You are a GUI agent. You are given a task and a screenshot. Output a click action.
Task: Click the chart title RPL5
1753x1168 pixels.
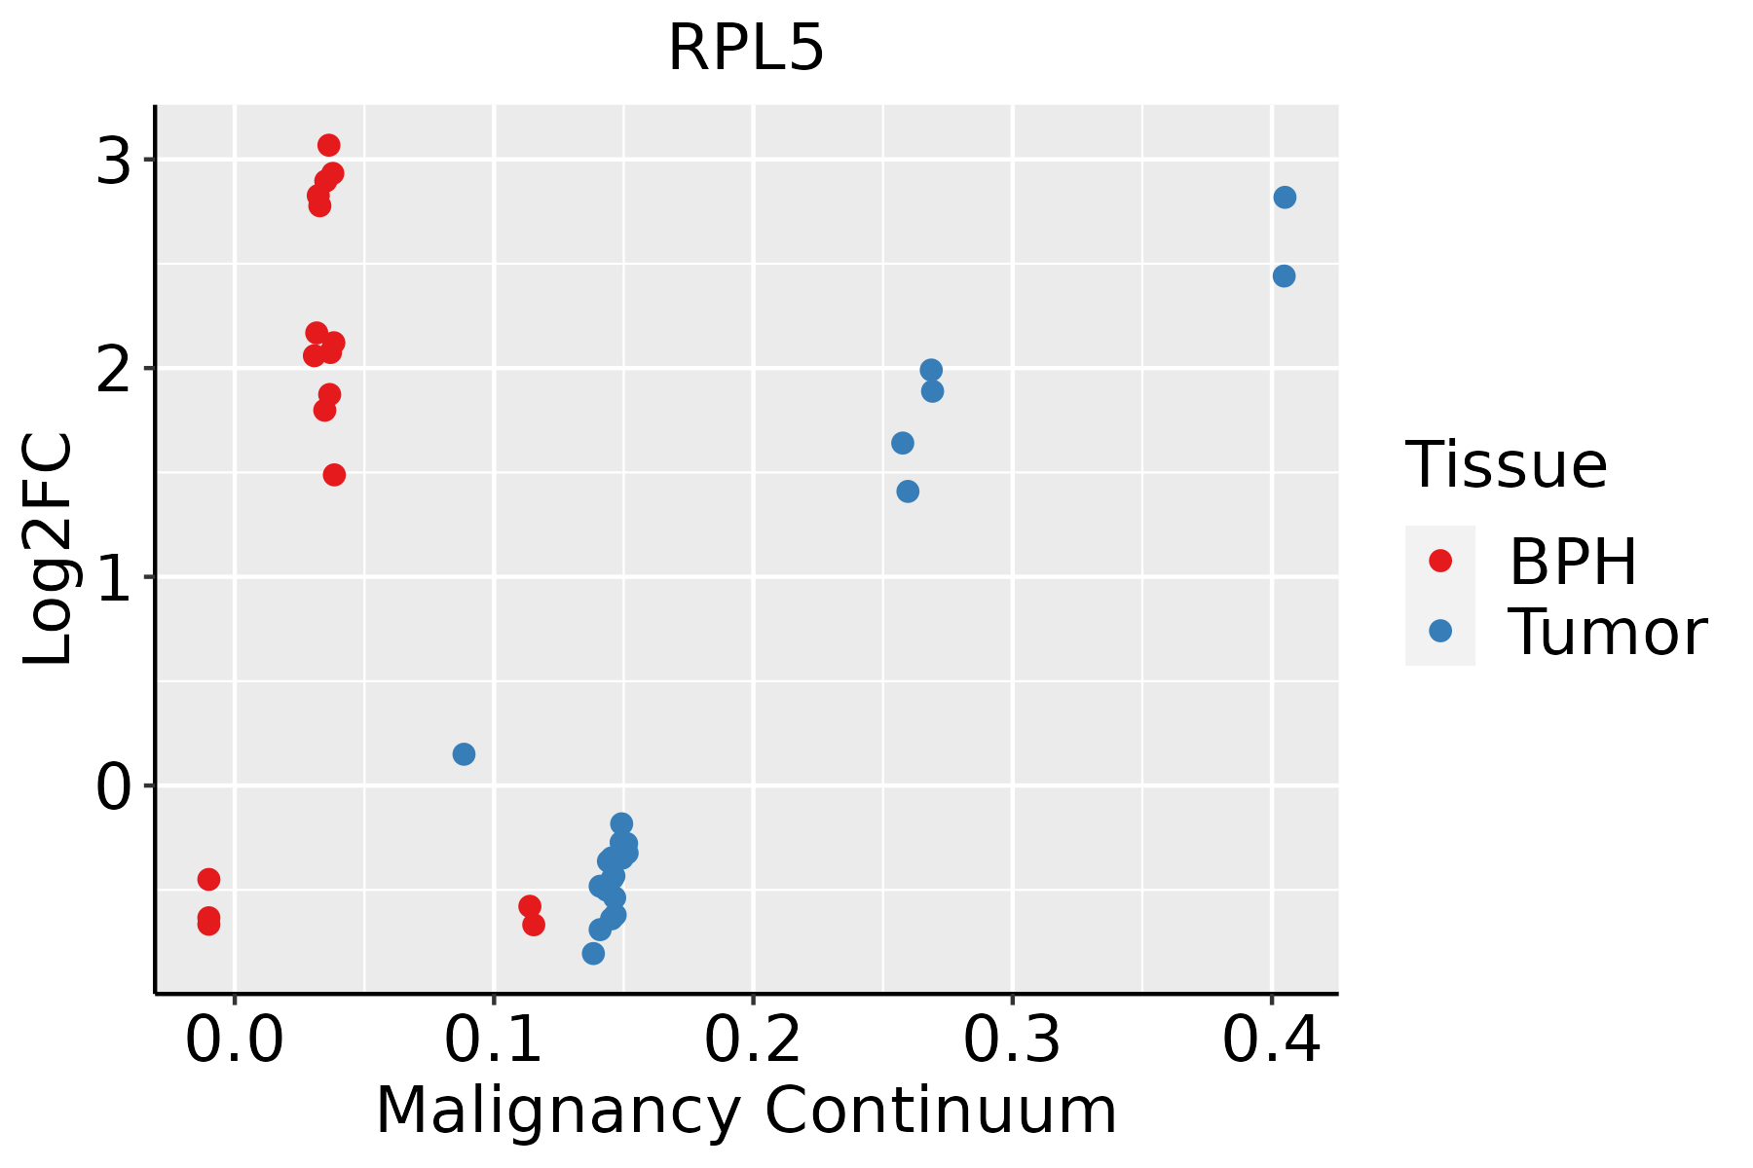coord(746,49)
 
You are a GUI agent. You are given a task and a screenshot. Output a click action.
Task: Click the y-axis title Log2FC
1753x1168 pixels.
coord(49,549)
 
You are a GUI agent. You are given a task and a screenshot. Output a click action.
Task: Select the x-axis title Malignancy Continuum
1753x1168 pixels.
coord(746,1111)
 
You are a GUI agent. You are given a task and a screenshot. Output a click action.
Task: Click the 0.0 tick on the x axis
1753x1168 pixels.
coord(235,1040)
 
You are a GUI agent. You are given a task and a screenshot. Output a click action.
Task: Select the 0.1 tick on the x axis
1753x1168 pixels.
coord(494,1040)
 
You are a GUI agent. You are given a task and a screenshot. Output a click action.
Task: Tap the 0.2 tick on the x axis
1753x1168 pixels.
coord(753,1040)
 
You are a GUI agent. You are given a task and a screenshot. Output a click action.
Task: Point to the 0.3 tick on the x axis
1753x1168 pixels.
coord(1012,1040)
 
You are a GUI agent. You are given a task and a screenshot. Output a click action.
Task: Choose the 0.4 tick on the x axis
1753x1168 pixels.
coord(1271,1040)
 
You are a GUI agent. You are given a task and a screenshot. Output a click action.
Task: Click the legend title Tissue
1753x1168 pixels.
coord(1507,465)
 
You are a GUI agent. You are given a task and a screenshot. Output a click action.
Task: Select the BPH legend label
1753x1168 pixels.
coord(1572,562)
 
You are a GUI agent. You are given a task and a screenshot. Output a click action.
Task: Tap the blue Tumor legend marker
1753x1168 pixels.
coord(1439,631)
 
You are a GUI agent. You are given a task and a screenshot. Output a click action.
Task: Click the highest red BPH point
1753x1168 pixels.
coord(329,145)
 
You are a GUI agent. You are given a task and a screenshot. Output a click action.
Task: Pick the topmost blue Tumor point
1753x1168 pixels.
coord(1285,198)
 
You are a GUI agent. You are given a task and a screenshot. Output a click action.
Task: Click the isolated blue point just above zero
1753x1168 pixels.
coord(464,754)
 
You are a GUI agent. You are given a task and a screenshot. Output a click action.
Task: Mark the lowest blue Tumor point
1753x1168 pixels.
coord(593,954)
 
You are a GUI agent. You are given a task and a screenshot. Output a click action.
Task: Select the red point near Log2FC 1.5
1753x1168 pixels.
coord(334,475)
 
